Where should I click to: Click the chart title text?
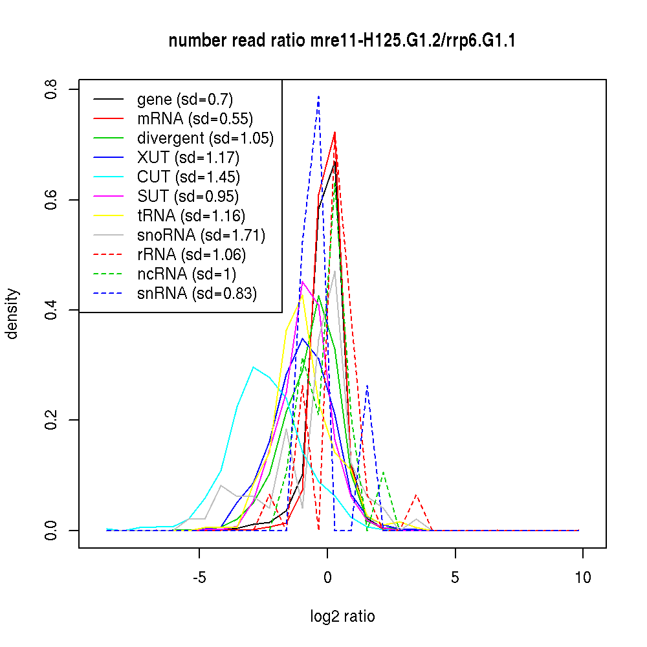click(342, 41)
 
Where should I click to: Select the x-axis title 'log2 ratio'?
click(342, 616)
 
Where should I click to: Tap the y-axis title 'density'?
click(12, 314)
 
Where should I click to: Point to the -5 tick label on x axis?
click(199, 578)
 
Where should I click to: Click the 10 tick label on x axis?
click(582, 578)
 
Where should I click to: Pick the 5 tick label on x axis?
click(455, 578)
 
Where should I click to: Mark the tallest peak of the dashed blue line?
click(318, 96)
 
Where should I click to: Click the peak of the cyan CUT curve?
click(254, 367)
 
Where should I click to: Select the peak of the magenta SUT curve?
click(302, 281)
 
